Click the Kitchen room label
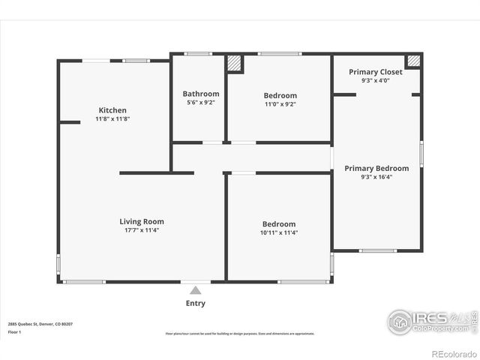(x=112, y=110)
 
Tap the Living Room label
(x=142, y=221)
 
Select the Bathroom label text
(x=201, y=94)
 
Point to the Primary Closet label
(x=376, y=72)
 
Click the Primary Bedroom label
(x=376, y=168)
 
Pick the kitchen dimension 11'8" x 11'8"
(x=112, y=119)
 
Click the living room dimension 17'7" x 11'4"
(x=142, y=230)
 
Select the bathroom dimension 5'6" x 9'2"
(x=201, y=103)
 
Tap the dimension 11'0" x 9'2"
(x=280, y=104)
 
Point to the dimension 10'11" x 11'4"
(x=279, y=232)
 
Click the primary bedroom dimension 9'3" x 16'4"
(x=376, y=177)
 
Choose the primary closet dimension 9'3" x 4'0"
(x=376, y=80)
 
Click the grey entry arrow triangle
(x=195, y=289)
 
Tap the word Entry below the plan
(x=195, y=303)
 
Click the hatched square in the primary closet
(x=413, y=61)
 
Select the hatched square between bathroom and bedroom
(x=235, y=63)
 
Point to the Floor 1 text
(x=13, y=331)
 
